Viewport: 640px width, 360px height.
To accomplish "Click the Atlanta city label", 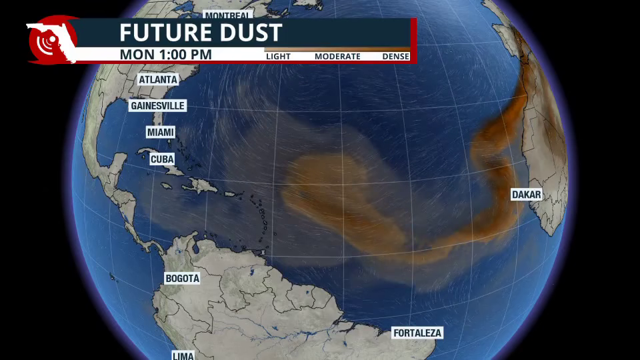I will click(x=158, y=79).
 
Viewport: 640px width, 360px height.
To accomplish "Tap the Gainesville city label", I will click(x=157, y=106).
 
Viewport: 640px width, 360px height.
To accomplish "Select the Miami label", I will click(x=161, y=133).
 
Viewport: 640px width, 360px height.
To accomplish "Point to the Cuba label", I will click(x=162, y=159).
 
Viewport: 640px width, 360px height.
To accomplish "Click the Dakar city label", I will click(x=526, y=195).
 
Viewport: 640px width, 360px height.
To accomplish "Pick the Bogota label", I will click(x=182, y=279).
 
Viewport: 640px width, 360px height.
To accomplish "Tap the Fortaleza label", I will click(x=417, y=333).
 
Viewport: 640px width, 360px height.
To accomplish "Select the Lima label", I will click(x=183, y=355).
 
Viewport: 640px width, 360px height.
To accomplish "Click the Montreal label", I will click(x=227, y=15).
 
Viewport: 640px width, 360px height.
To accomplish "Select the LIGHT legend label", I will click(x=278, y=57).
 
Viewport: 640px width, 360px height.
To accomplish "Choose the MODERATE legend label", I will click(x=337, y=57).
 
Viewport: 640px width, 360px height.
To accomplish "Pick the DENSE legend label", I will click(x=395, y=57).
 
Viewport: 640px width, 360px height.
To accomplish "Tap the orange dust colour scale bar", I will click(x=337, y=49).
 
